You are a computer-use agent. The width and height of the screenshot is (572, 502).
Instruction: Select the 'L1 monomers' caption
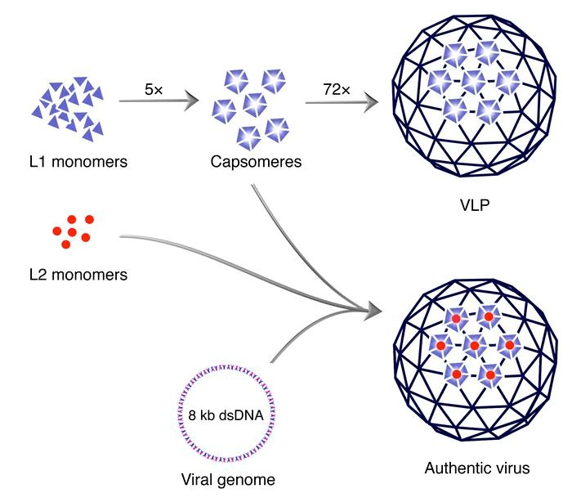coord(75,161)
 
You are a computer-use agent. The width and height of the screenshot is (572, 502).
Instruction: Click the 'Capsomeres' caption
coord(256,162)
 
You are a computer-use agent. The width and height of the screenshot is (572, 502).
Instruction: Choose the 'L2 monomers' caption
coord(75,275)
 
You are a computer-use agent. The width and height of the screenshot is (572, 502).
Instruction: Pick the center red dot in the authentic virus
coord(474,347)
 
